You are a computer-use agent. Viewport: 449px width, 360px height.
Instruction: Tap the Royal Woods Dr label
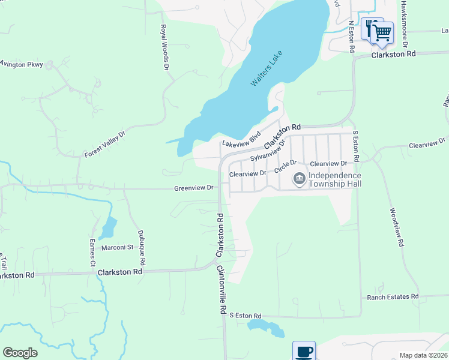[x=164, y=47]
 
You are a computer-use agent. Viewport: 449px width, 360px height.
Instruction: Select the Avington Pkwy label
[x=22, y=64]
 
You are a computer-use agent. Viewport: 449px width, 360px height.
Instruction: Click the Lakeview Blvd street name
[x=241, y=139]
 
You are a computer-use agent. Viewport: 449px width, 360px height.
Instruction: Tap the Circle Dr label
[x=286, y=166]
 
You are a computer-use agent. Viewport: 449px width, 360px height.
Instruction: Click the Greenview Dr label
[x=194, y=188]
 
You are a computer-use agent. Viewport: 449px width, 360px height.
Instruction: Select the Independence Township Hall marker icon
[x=299, y=179]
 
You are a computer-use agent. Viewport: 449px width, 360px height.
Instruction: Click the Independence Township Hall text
[x=335, y=179]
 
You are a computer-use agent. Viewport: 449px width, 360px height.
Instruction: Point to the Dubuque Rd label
[x=142, y=248]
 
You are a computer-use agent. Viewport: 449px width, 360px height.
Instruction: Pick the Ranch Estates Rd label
[x=393, y=297]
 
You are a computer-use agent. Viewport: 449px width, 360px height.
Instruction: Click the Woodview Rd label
[x=396, y=229]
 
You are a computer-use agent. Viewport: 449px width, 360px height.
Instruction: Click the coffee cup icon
[x=304, y=351]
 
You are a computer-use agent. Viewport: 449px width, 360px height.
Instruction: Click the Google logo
[x=20, y=353]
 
